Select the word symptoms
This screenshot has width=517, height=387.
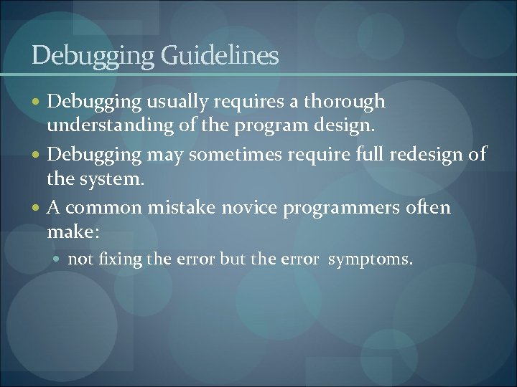371,259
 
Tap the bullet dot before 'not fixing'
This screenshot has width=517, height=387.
60,259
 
